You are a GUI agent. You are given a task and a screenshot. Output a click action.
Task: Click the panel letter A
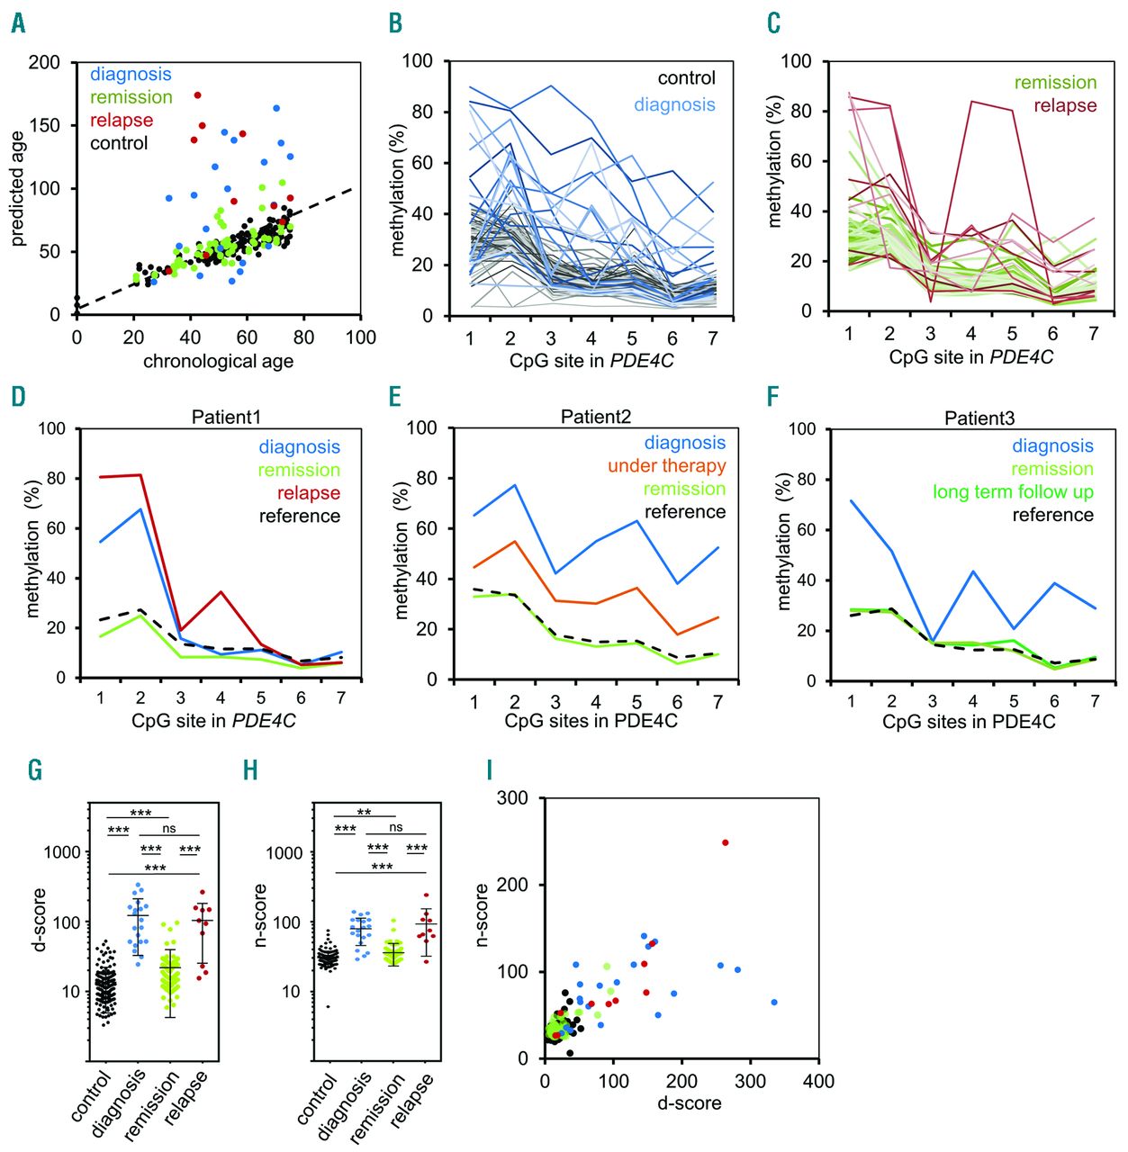coord(18,23)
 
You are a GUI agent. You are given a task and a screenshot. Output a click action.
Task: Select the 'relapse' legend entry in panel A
coord(122,121)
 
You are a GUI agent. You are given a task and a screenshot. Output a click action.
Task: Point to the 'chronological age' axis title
coord(218,362)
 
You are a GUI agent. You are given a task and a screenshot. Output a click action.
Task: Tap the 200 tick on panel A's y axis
coord(44,62)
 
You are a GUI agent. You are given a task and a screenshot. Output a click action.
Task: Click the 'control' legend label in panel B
coord(686,78)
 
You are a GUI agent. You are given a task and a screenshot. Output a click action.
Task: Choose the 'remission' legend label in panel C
coord(1055,83)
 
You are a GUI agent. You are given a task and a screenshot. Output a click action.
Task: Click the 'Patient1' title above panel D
coord(226,418)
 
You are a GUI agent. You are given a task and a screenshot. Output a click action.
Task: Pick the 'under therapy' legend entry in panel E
coord(666,466)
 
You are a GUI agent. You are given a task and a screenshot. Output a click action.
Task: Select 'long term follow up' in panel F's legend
coord(1013,492)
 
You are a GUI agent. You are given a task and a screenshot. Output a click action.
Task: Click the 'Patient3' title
coord(979,418)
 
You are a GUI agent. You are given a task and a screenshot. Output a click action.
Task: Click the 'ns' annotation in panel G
coord(169,828)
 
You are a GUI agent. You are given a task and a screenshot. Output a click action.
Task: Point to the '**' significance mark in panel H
coord(364,813)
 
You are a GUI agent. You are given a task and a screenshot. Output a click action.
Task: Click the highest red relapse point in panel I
coord(726,843)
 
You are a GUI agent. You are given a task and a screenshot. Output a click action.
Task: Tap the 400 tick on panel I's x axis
coord(818,1081)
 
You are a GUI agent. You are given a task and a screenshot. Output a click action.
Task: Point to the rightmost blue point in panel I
coord(774,1002)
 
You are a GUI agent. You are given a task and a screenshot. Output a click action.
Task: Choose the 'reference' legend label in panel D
coord(300,517)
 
